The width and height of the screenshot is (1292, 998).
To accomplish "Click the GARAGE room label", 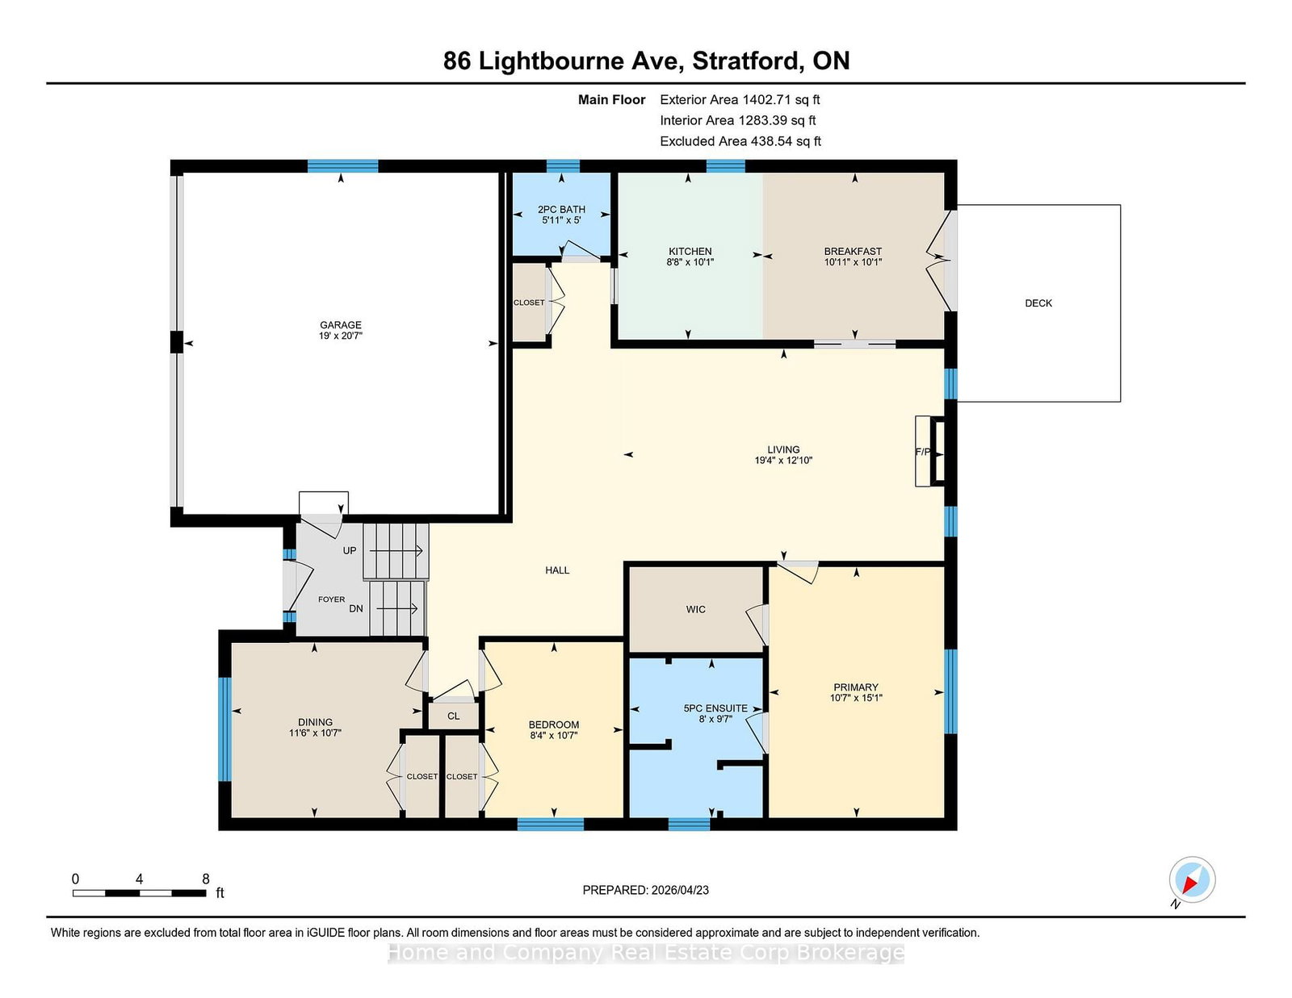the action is pyautogui.click(x=340, y=325).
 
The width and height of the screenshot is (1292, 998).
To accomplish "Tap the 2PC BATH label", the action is pyautogui.click(x=561, y=209).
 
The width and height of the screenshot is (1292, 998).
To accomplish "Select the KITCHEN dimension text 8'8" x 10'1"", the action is pyautogui.click(x=690, y=262).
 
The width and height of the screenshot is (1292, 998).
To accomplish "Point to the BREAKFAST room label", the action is pyautogui.click(x=853, y=251).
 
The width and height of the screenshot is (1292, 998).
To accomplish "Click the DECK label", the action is pyautogui.click(x=1038, y=303).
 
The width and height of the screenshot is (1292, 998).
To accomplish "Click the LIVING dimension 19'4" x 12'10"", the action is pyautogui.click(x=783, y=460).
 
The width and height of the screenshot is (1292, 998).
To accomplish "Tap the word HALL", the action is pyautogui.click(x=557, y=570).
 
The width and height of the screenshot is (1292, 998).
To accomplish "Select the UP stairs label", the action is pyautogui.click(x=350, y=551).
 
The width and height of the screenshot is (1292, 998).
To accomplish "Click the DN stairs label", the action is pyautogui.click(x=355, y=608).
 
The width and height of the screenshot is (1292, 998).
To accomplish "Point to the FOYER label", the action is pyautogui.click(x=331, y=599).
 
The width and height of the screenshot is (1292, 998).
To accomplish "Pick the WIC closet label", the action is pyautogui.click(x=695, y=609).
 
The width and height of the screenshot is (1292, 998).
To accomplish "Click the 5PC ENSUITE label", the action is pyautogui.click(x=715, y=708).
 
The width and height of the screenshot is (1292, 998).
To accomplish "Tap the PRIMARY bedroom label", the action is pyautogui.click(x=856, y=687).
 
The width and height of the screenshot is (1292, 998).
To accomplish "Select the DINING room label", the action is pyautogui.click(x=315, y=722).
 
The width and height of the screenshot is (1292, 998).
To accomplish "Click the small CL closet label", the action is pyautogui.click(x=454, y=716).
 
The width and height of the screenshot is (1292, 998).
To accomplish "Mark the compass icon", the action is pyautogui.click(x=1192, y=879).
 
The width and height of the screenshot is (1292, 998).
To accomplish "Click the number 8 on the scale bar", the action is pyautogui.click(x=206, y=879).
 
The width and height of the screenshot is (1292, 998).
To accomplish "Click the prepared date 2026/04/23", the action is pyautogui.click(x=680, y=890).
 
